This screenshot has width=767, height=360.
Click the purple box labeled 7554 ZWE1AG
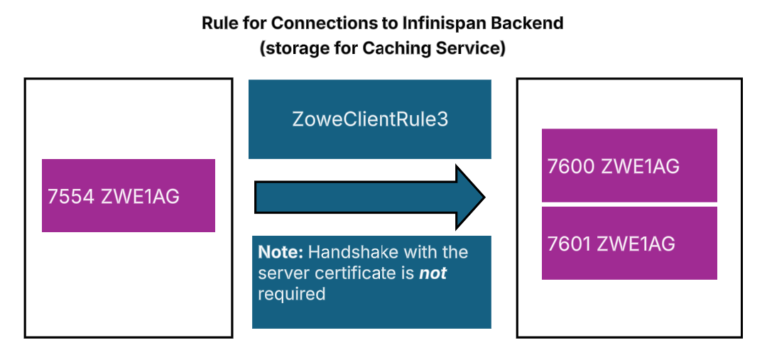click(x=129, y=195)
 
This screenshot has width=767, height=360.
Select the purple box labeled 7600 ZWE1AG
click(x=629, y=165)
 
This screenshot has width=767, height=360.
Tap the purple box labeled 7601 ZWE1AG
click(x=629, y=244)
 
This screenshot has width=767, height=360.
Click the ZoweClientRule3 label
click(x=370, y=119)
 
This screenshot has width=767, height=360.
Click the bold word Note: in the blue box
click(x=281, y=252)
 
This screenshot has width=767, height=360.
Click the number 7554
click(x=71, y=197)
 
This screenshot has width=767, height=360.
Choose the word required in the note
click(x=291, y=294)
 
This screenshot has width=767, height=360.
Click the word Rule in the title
click(x=219, y=23)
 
